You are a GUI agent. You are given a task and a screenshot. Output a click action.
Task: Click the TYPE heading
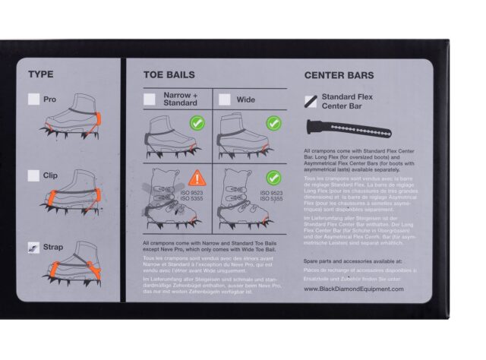pos(40,74)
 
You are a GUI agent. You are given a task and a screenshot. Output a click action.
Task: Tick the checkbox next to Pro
pos(33,99)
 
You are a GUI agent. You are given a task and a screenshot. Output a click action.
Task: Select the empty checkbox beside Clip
pos(33,175)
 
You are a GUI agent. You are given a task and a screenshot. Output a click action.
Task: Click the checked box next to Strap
pos(33,247)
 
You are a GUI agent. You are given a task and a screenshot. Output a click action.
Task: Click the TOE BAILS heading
pos(169,75)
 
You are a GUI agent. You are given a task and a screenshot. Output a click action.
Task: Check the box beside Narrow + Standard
pos(150,99)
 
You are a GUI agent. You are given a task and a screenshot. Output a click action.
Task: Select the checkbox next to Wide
pos(225,99)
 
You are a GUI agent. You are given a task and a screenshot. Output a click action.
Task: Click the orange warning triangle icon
pos(197,178)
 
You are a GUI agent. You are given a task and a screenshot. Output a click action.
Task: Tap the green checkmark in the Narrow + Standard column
pos(197,122)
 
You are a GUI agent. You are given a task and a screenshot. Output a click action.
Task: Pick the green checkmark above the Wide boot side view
pos(273,122)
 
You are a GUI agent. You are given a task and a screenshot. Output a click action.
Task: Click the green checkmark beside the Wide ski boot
pos(273,177)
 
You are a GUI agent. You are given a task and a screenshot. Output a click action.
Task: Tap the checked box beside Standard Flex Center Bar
pos(311,100)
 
